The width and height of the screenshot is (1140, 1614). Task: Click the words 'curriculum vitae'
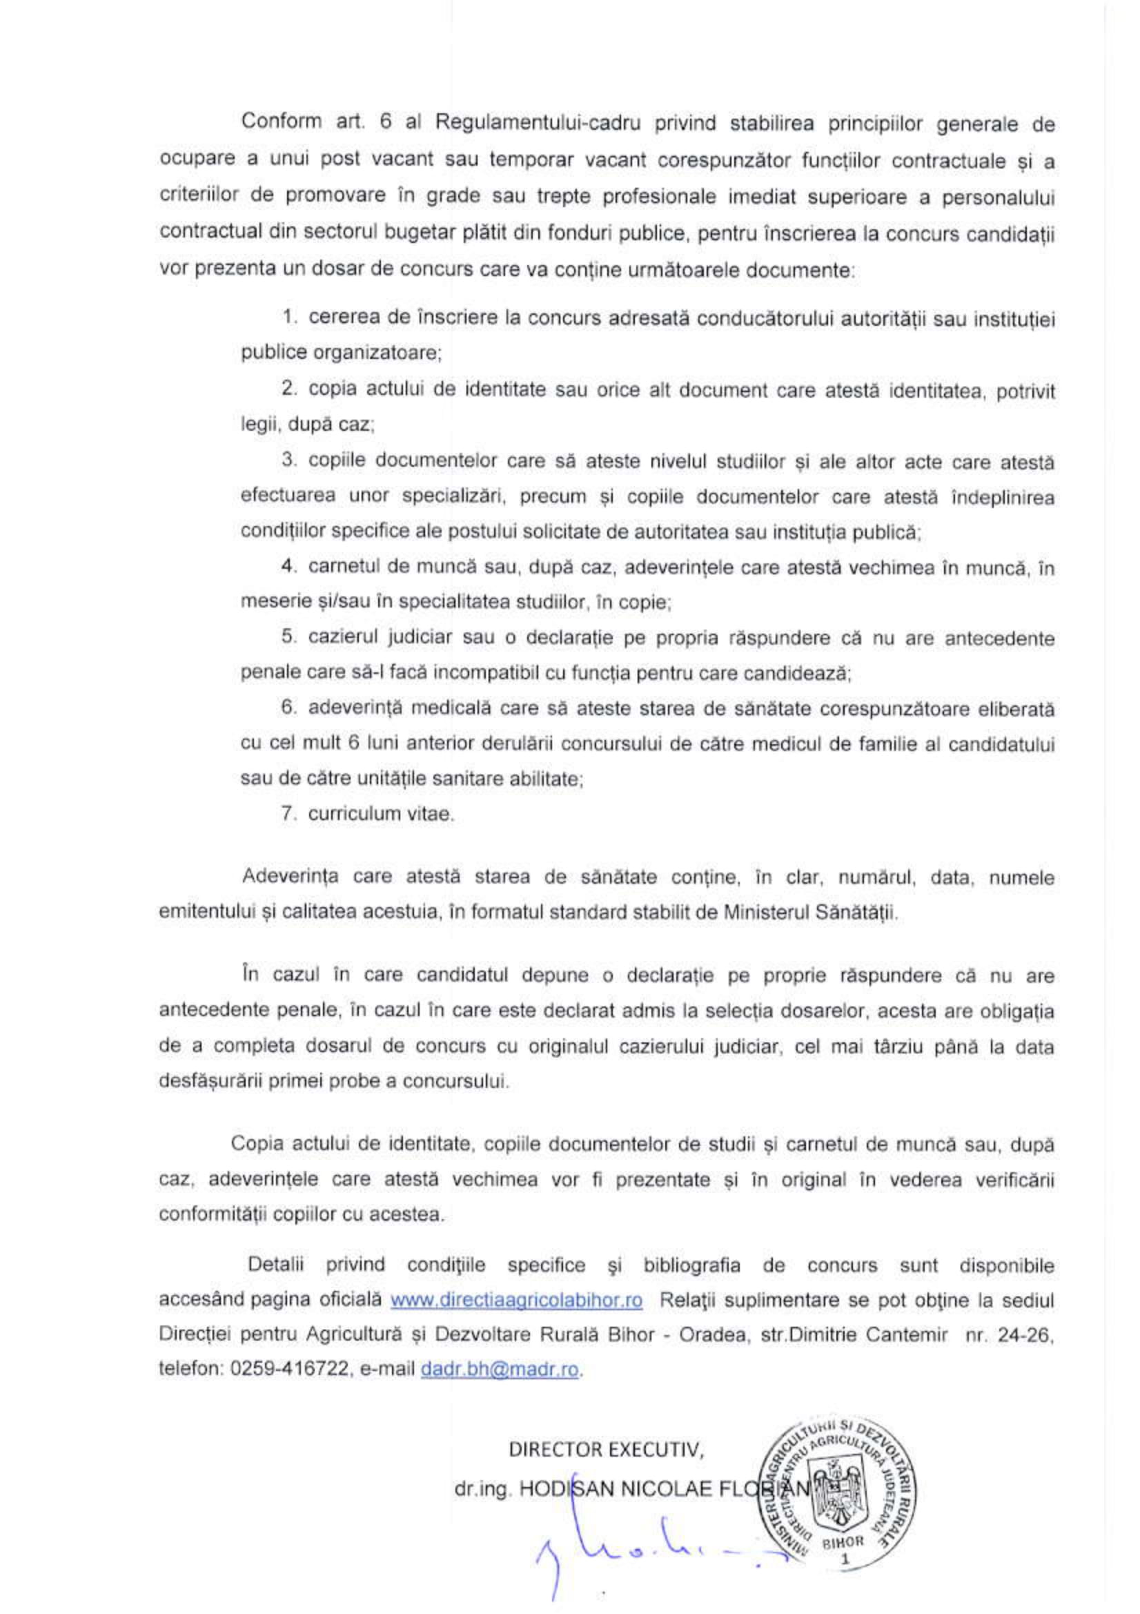381,814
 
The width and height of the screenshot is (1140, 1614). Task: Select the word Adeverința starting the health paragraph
290,877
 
